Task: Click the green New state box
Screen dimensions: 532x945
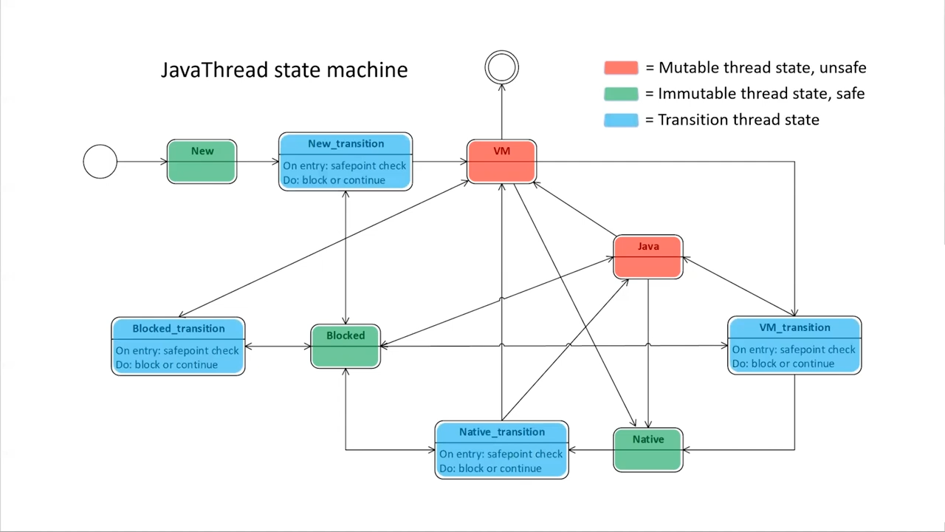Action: tap(202, 162)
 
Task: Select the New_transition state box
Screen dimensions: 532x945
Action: tap(346, 162)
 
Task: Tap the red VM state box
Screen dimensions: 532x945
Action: tap(502, 162)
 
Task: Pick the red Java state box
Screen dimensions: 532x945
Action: tap(648, 257)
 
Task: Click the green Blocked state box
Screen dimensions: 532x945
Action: tap(346, 346)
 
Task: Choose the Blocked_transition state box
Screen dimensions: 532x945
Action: tap(178, 346)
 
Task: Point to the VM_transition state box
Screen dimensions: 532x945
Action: tap(794, 345)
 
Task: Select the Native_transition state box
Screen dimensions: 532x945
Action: tap(502, 449)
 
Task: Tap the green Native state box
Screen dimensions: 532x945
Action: tap(648, 449)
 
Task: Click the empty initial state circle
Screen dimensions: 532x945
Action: tap(100, 162)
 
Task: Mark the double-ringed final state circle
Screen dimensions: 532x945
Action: tap(502, 67)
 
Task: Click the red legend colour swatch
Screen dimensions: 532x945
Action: tap(621, 68)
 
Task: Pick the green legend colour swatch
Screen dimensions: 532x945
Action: tap(621, 94)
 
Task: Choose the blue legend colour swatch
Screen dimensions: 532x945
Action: tap(621, 120)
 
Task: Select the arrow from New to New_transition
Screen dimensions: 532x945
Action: tap(258, 162)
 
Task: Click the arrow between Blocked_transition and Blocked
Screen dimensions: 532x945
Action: tap(278, 346)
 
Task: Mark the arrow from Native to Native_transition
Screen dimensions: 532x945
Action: tap(591, 449)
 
